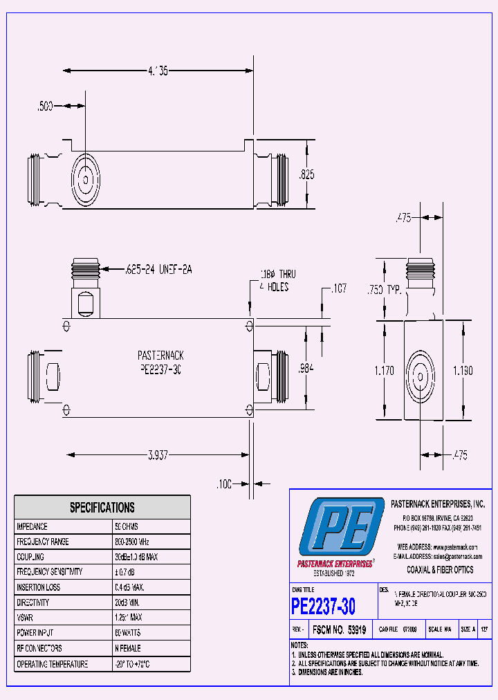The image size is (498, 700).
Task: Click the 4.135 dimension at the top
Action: click(156, 70)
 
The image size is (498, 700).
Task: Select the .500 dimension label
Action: click(46, 106)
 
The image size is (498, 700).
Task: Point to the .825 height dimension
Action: click(306, 175)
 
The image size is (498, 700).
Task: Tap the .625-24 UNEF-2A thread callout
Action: click(158, 269)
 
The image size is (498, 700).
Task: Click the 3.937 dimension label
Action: click(158, 454)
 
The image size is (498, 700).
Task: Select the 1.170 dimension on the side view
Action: click(384, 371)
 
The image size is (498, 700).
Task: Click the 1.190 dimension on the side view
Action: click(463, 371)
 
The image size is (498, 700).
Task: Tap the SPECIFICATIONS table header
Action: click(102, 508)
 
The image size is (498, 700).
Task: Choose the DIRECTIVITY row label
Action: click(34, 602)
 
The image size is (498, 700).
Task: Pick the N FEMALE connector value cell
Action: click(128, 648)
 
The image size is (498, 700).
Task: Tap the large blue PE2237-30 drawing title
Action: click(324, 607)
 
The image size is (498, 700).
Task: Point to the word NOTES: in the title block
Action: click(301, 645)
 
